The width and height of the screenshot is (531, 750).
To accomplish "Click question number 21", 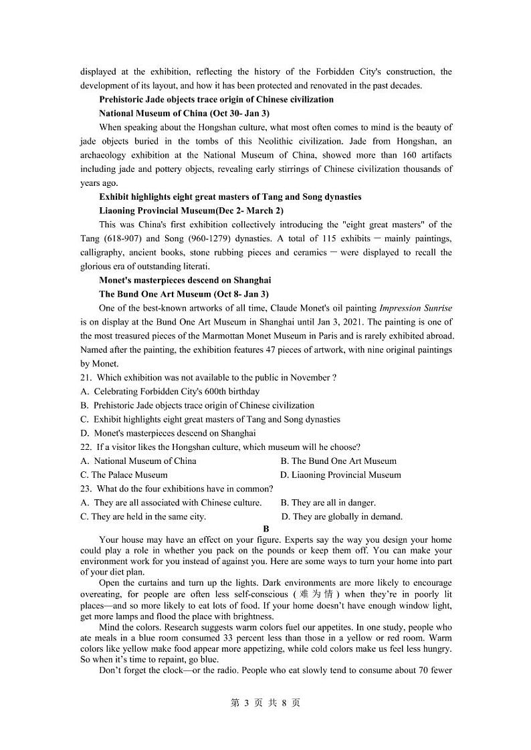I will pyautogui.click(x=85, y=378).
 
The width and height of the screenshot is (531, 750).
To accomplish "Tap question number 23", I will pyautogui.click(x=85, y=489).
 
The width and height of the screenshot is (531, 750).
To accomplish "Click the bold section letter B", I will pyautogui.click(x=265, y=528).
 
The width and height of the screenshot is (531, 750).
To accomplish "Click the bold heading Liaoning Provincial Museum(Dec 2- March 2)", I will pyautogui.click(x=187, y=211).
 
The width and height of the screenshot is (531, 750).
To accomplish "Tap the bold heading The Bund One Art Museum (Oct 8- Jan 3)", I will pyautogui.click(x=184, y=294).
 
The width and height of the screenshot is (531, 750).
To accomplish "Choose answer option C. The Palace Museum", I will pyautogui.click(x=124, y=475).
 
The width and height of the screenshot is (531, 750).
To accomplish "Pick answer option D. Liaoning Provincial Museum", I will pyautogui.click(x=340, y=475).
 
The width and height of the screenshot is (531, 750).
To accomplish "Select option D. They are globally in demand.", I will pyautogui.click(x=342, y=517).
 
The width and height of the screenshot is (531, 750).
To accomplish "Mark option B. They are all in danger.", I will pyautogui.click(x=328, y=503).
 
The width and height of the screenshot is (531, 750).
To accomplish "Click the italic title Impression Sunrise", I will pyautogui.click(x=415, y=308).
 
